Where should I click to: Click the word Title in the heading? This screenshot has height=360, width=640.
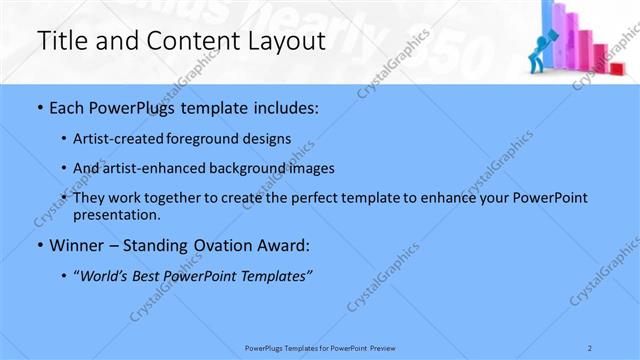click(x=61, y=41)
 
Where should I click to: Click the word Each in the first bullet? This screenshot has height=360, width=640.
click(x=66, y=108)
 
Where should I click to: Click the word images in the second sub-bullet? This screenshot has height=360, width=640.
click(x=312, y=168)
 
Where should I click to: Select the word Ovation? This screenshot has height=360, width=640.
click(x=213, y=245)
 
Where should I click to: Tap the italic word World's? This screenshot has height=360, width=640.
click(x=109, y=275)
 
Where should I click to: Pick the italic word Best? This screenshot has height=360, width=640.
click(x=152, y=275)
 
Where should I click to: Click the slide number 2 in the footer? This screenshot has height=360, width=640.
click(x=590, y=347)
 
